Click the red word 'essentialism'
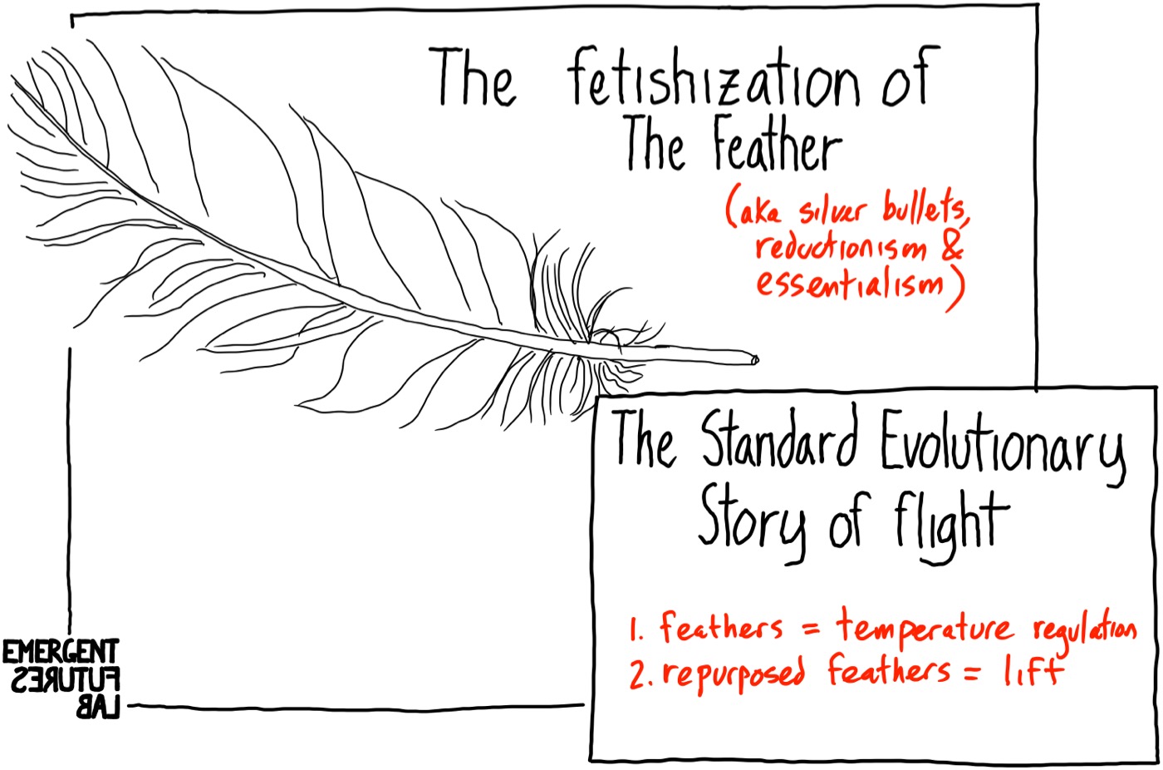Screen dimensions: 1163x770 pyautogui.click(x=850, y=283)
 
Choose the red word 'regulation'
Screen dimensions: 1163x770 pyautogui.click(x=1083, y=629)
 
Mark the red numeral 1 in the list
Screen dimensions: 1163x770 pyautogui.click(x=635, y=629)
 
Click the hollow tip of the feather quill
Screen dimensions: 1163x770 pyautogui.click(x=753, y=360)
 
